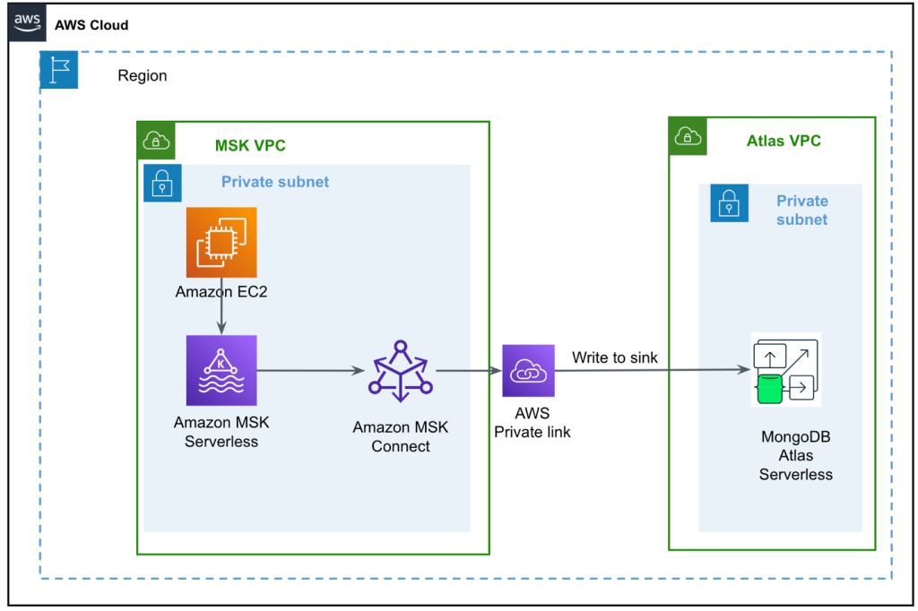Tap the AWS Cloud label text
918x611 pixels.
tap(91, 25)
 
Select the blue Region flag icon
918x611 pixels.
tap(59, 70)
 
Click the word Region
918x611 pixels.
tap(143, 76)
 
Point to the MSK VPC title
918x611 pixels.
tap(250, 145)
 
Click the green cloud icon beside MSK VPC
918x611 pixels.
tap(156, 141)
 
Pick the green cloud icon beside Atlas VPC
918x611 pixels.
tap(688, 136)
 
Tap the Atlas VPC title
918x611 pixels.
tap(784, 141)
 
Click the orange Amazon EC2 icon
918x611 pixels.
tap(221, 242)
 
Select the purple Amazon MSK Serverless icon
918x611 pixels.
tap(221, 370)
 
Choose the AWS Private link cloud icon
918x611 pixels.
tap(529, 370)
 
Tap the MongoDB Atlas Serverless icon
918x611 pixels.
tap(786, 370)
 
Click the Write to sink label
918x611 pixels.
tap(615, 357)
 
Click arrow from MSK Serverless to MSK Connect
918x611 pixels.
tap(311, 370)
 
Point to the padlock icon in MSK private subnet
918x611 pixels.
tap(162, 183)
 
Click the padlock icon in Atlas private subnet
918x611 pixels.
tap(729, 203)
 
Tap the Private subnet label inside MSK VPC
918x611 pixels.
tap(275, 182)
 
